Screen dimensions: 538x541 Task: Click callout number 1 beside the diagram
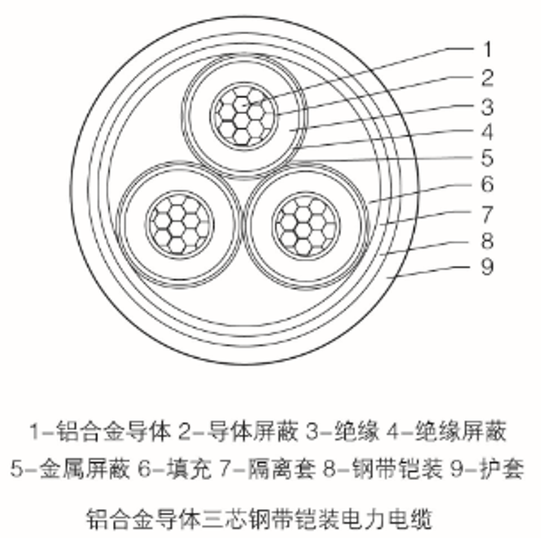tap(486, 49)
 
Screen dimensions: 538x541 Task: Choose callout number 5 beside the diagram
tap(486, 159)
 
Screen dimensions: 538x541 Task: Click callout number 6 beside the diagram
tap(486, 186)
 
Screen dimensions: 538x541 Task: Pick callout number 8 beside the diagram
tap(486, 240)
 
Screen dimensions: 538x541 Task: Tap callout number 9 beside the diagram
tap(486, 267)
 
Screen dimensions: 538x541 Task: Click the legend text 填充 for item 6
tap(188, 469)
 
